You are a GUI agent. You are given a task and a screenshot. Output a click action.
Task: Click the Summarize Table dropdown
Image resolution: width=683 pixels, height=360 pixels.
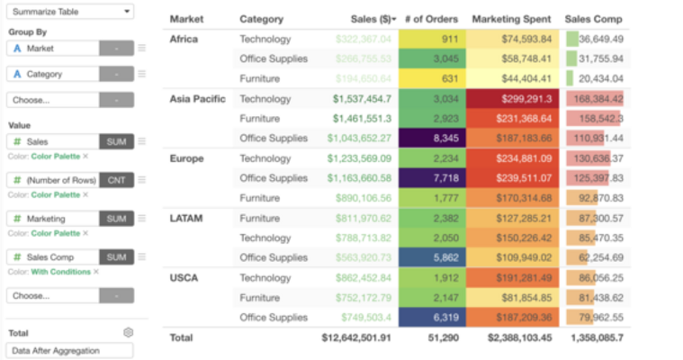[70, 12]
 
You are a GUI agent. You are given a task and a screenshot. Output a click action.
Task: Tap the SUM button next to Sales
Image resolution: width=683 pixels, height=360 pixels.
[116, 141]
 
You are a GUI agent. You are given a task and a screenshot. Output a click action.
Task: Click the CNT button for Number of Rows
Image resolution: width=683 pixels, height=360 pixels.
[116, 180]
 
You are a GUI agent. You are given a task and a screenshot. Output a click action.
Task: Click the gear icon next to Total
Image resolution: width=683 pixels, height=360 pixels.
[128, 332]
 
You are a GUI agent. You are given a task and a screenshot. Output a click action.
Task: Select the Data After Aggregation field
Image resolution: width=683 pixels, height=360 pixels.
[70, 350]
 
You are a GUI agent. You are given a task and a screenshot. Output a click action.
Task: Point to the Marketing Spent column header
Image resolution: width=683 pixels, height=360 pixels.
[509, 19]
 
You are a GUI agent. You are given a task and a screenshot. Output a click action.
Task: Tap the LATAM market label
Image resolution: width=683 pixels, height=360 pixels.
[185, 218]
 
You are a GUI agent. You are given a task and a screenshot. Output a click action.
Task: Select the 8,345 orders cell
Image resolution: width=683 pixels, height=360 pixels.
[432, 139]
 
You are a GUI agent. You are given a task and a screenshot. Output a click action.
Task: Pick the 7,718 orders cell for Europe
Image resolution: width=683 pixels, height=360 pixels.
[432, 178]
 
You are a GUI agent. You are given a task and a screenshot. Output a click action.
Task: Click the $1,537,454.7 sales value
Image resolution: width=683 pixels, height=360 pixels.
[362, 99]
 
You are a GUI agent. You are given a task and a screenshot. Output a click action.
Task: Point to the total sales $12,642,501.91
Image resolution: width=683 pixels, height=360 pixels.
[356, 338]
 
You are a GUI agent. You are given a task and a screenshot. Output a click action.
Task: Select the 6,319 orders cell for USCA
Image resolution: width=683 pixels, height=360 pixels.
[432, 317]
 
